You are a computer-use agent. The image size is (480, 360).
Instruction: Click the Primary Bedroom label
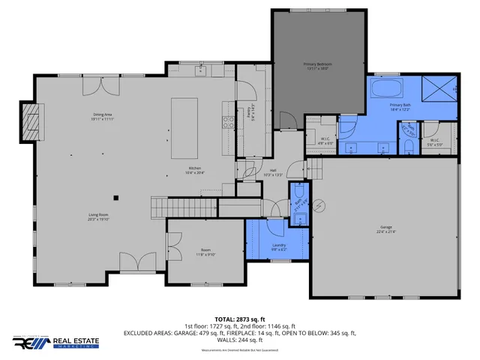[318, 66]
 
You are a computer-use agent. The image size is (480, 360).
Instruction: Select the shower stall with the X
[437, 89]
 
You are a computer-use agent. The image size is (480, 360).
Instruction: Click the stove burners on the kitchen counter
[225, 121]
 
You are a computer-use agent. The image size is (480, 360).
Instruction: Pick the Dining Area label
[102, 116]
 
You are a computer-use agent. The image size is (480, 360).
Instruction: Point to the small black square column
[115, 198]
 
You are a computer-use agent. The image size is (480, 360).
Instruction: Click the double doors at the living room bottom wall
[136, 262]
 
